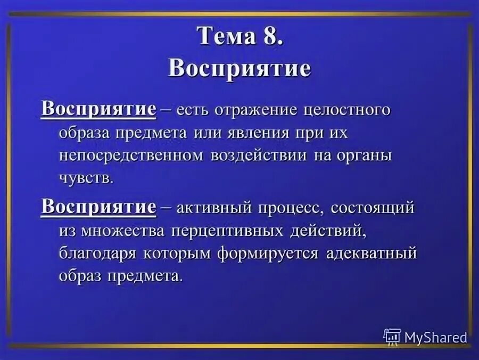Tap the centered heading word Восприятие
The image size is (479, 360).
coord(239,69)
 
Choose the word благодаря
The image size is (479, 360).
coord(98,253)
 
